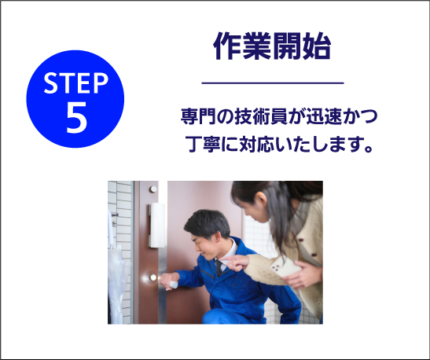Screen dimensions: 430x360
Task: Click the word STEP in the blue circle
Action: (x=76, y=83)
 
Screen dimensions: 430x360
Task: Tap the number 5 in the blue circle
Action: (x=76, y=118)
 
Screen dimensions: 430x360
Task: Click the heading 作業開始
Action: (x=272, y=46)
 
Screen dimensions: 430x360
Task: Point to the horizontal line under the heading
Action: (x=273, y=83)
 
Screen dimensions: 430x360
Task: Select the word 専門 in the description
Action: (x=198, y=116)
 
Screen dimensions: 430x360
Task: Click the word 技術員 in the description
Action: (x=261, y=116)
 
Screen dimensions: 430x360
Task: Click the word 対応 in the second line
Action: (x=257, y=144)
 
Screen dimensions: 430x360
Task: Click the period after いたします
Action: (x=369, y=149)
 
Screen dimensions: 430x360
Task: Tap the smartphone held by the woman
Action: (x=285, y=266)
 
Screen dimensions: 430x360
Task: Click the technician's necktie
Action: (x=219, y=267)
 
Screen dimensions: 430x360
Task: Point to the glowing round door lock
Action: (x=153, y=277)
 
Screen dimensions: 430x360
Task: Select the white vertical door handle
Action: (x=157, y=225)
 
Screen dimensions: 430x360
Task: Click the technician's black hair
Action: (x=208, y=222)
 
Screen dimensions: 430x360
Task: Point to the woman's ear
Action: (x=261, y=199)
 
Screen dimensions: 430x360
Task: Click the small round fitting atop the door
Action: (x=153, y=189)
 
